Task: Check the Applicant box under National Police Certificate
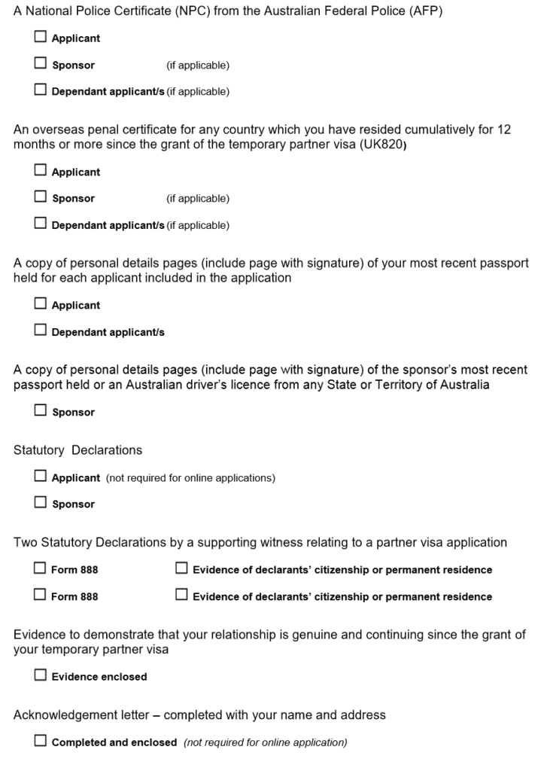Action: [x=40, y=38]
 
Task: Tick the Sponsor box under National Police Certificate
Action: [x=40, y=65]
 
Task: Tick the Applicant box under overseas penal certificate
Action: [x=40, y=172]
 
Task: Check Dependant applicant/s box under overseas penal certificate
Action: [x=40, y=224]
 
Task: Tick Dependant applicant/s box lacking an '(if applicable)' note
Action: [x=40, y=331]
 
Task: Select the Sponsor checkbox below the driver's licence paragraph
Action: [x=40, y=412]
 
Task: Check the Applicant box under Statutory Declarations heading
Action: [x=40, y=477]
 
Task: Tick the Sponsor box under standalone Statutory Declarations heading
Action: [x=40, y=504]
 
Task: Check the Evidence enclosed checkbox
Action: [x=40, y=675]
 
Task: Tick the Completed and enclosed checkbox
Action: [x=40, y=742]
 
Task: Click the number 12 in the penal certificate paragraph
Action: [x=504, y=130]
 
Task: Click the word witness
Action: [x=300, y=542]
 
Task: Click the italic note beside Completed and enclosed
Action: [x=266, y=742]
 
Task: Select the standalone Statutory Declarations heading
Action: [x=77, y=450]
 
